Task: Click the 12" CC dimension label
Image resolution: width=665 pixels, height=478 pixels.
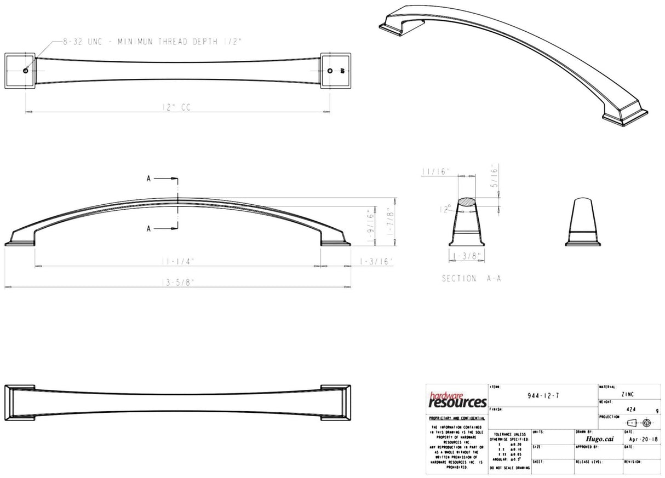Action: (176, 108)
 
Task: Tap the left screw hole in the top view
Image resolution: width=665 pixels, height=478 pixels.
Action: (26, 71)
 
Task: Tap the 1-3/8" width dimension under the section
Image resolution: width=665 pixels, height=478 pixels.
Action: (466, 256)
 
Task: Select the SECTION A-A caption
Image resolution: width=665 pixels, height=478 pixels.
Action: (471, 279)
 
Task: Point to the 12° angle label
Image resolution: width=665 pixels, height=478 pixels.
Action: (450, 208)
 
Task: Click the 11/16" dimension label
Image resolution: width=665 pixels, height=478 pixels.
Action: (435, 171)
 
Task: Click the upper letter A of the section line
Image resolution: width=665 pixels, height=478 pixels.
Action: (148, 178)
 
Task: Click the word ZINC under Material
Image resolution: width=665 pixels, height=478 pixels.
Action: (628, 394)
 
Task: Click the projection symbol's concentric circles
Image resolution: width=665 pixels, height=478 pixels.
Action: (646, 423)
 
